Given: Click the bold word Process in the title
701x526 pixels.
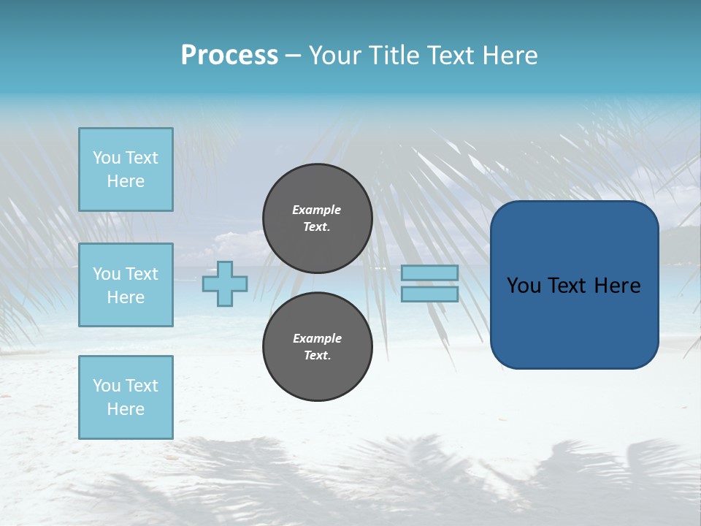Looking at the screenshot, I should [229, 56].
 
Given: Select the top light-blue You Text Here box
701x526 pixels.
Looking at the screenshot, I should [126, 169].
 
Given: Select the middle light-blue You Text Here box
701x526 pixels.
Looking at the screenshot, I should [126, 285].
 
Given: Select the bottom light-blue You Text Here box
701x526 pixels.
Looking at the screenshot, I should [126, 397].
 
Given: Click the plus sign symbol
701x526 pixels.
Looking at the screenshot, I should [225, 283].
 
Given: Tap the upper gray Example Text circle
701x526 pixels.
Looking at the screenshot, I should [318, 218].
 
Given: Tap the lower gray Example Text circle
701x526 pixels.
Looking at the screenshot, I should [318, 347].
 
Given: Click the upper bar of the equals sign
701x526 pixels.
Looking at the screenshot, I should [429, 272].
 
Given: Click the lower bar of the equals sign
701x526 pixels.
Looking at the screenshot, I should [429, 294].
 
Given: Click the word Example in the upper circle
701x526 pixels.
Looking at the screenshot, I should [316, 210].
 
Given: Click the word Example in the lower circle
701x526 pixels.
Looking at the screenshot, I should [317, 338].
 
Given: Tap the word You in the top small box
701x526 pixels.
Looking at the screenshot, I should [107, 158].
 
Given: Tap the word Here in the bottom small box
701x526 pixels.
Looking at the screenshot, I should [126, 409].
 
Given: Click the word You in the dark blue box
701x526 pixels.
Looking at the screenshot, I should [524, 286].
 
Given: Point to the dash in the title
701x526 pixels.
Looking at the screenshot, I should [293, 56].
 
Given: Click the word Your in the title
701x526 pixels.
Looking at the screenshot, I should [332, 56].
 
